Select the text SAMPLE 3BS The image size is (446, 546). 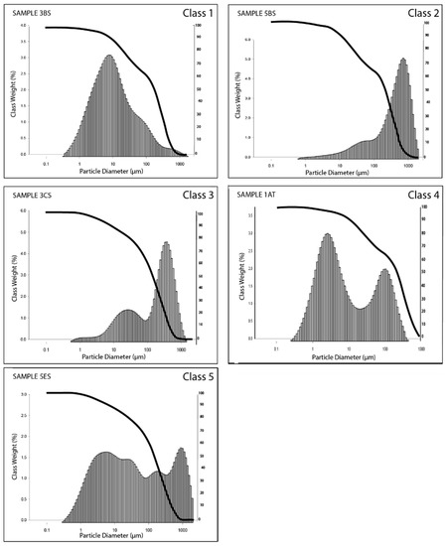tap(37, 12)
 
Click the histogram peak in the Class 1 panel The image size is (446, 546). tap(108, 57)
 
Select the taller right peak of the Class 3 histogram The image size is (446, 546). tap(166, 243)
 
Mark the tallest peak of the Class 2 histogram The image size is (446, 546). tap(403, 60)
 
